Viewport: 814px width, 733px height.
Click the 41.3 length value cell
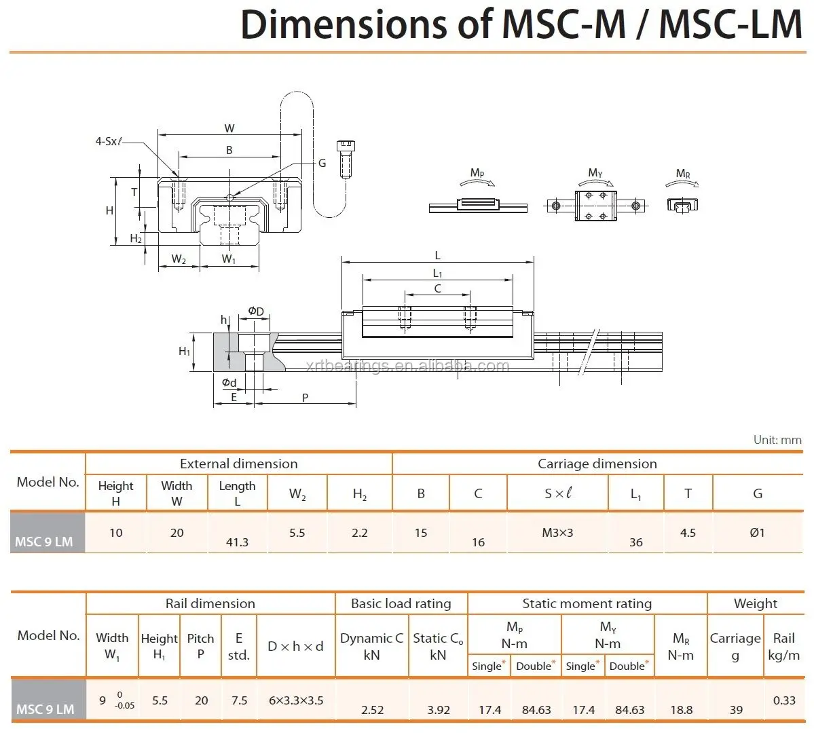click(x=237, y=542)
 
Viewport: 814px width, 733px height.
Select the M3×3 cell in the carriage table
click(x=557, y=533)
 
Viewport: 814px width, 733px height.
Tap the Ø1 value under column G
click(x=757, y=533)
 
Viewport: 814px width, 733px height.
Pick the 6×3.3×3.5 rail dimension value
click(x=295, y=700)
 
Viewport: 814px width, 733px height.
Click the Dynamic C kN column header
click(x=371, y=646)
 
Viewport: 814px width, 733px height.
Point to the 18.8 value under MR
click(x=681, y=710)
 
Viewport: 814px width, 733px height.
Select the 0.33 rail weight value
click(x=784, y=700)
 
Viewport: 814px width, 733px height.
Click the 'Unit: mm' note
click(x=777, y=440)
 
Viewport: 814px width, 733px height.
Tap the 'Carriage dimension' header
click(x=597, y=464)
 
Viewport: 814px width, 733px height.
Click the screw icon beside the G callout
click(x=346, y=158)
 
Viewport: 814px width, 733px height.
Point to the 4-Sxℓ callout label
click(x=109, y=141)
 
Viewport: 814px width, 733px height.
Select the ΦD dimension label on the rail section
click(x=255, y=312)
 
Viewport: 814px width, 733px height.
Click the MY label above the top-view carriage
click(x=595, y=174)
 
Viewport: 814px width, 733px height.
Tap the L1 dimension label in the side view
click(x=437, y=274)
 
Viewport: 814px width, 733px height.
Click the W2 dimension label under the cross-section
click(x=179, y=259)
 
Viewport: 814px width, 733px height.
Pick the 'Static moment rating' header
click(x=587, y=603)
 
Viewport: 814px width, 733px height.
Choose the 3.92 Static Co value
click(x=439, y=710)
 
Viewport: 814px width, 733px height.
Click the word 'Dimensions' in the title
click(x=344, y=25)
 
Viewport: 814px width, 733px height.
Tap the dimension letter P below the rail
click(x=305, y=398)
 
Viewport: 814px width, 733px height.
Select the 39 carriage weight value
click(x=736, y=710)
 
